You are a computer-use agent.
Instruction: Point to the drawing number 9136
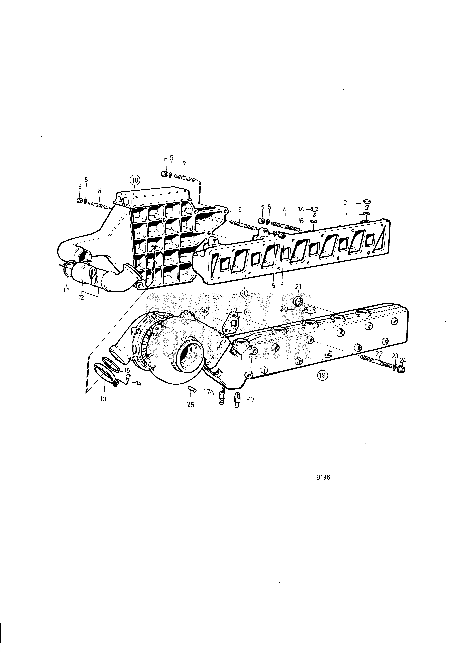coord(323,477)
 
